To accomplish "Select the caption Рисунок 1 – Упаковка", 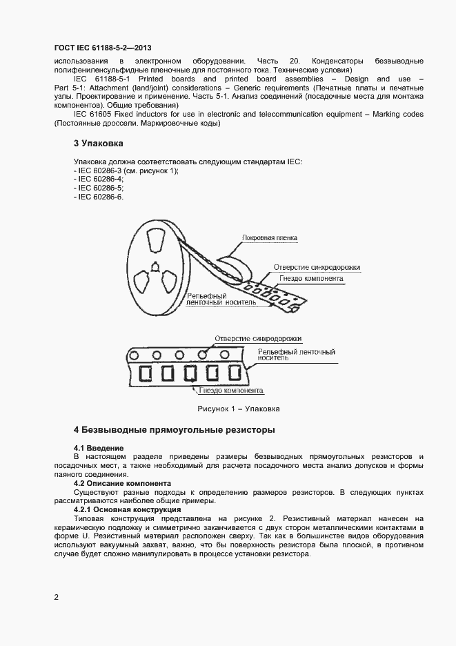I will pos(238,409).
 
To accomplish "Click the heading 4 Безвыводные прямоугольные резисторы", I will pos(175,430).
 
